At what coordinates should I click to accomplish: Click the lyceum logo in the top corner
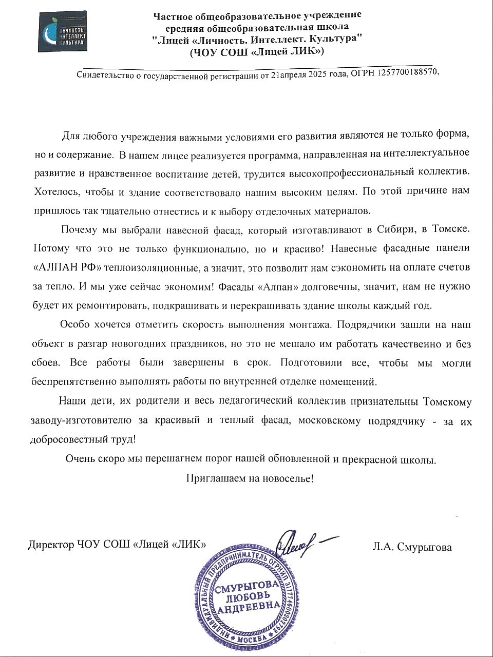[62, 32]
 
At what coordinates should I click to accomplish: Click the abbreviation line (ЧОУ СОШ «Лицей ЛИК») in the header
[257, 51]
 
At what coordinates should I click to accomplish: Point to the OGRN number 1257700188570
[408, 72]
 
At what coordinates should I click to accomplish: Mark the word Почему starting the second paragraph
[79, 229]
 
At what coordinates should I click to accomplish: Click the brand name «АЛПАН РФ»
[67, 267]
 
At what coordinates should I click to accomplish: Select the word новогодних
[166, 343]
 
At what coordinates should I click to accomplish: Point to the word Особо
[74, 324]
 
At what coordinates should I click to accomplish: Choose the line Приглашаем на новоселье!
[250, 478]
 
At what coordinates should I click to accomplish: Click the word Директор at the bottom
[51, 545]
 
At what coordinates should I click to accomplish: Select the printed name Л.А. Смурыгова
[412, 547]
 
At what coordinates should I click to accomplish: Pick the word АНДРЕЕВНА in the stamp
[249, 608]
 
